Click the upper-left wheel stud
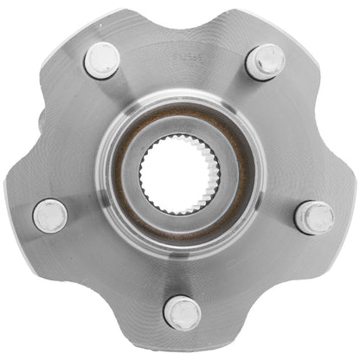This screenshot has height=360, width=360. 102,60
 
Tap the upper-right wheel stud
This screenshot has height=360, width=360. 266,61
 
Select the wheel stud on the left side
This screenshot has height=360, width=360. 49,215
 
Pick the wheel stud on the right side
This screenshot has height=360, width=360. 314,217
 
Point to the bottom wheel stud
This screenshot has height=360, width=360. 183,312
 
